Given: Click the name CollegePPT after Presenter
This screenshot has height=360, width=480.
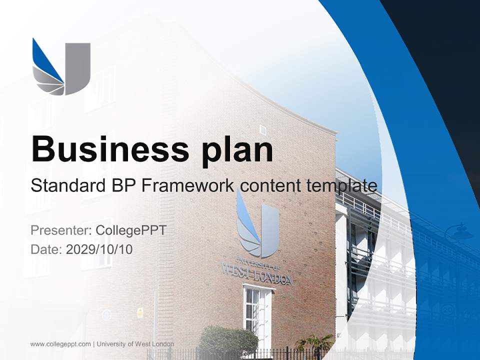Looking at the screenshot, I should pyautogui.click(x=130, y=230).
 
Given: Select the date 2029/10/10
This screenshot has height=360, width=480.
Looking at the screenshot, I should pyautogui.click(x=99, y=249).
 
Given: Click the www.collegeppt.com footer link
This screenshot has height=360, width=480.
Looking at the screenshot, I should pyautogui.click(x=60, y=344).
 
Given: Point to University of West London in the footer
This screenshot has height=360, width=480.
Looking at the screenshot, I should pyautogui.click(x=135, y=344).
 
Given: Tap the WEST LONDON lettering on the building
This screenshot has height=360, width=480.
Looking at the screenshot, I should pyautogui.click(x=257, y=276).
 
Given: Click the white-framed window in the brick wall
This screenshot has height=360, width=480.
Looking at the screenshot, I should pyautogui.click(x=257, y=310).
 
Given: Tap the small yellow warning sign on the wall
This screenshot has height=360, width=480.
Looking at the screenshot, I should pyautogui.click(x=140, y=312).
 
